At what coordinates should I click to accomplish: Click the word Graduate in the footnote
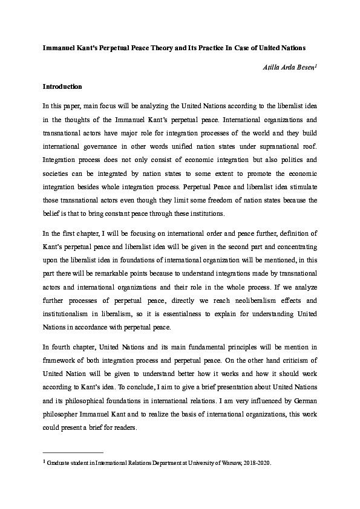[x=61, y=463]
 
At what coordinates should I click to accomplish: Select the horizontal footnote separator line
[x=73, y=452]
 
